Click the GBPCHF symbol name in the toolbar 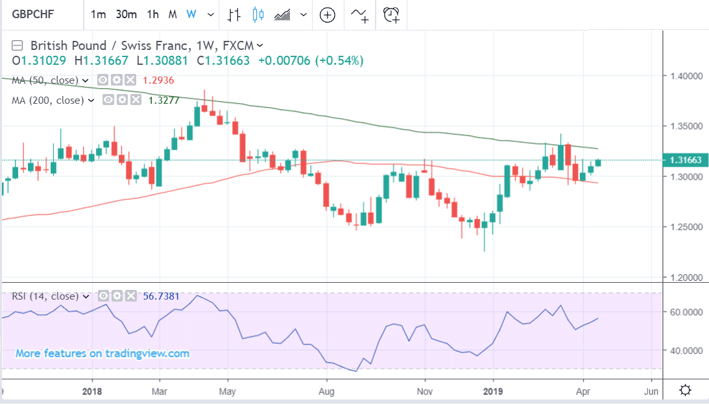(x=33, y=14)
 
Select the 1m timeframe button (x=98, y=14)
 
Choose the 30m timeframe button (x=126, y=14)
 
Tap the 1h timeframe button (x=153, y=14)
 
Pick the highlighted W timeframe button (x=191, y=14)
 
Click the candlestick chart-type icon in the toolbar (x=258, y=14)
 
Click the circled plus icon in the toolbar (x=328, y=14)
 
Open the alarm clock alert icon (x=391, y=14)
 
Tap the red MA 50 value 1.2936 (x=159, y=80)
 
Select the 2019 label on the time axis (x=493, y=391)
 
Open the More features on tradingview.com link (x=102, y=353)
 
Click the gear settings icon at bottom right (x=685, y=390)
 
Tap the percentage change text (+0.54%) (x=340, y=60)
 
